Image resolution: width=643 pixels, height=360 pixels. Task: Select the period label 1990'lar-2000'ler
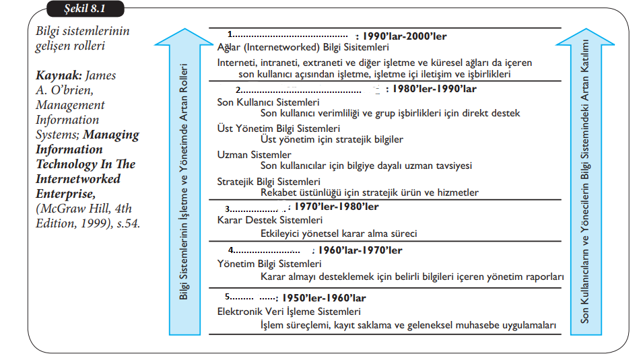tap(404, 36)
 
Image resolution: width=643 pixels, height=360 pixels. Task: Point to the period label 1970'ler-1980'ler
tap(337, 207)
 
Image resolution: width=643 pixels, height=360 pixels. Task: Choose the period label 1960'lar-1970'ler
tap(360, 250)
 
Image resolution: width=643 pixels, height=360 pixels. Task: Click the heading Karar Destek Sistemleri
tap(270, 220)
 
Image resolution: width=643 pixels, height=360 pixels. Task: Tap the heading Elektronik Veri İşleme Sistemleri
tap(289, 312)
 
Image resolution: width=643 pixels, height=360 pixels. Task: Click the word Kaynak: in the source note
tap(57, 76)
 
